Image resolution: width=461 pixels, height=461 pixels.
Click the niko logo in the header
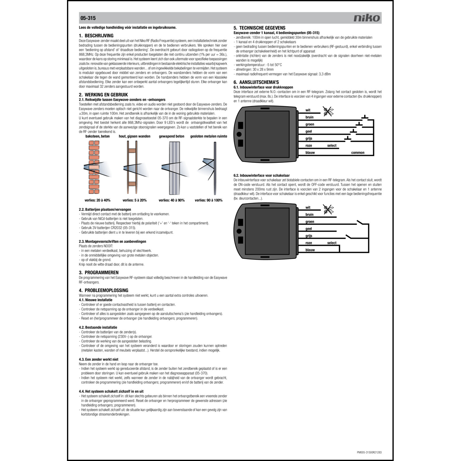pyautogui.click(x=367, y=18)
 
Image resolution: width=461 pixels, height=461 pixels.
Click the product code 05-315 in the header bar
pyautogui.click(x=88, y=18)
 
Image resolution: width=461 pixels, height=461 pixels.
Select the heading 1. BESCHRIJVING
pyautogui.click(x=96, y=36)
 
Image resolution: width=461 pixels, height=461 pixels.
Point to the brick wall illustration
pyautogui.click(x=94, y=167)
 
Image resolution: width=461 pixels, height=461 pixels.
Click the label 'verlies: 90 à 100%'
pyautogui.click(x=208, y=200)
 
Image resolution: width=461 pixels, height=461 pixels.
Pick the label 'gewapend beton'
pyautogui.click(x=171, y=136)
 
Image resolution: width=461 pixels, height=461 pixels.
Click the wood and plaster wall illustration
pyautogui.click(x=132, y=167)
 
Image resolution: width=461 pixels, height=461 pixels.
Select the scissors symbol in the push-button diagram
pyautogui.click(x=328, y=111)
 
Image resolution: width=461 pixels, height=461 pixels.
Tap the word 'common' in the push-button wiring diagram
pyautogui.click(x=357, y=153)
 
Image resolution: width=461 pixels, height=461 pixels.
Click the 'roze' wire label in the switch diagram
pyautogui.click(x=309, y=243)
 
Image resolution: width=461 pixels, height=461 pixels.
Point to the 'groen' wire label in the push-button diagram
pyautogui.click(x=309, y=124)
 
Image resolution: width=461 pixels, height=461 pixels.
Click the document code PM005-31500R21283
pyautogui.click(x=369, y=452)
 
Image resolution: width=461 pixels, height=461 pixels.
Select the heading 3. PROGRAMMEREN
pyautogui.click(x=99, y=273)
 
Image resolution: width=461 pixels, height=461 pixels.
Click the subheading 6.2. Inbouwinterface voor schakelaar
pyautogui.click(x=262, y=175)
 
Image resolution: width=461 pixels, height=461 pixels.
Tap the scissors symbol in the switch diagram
pyautogui.click(x=328, y=210)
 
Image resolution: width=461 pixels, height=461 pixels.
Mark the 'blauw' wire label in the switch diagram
pyautogui.click(x=310, y=250)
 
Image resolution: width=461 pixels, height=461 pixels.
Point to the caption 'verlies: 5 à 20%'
pyautogui.click(x=134, y=200)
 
